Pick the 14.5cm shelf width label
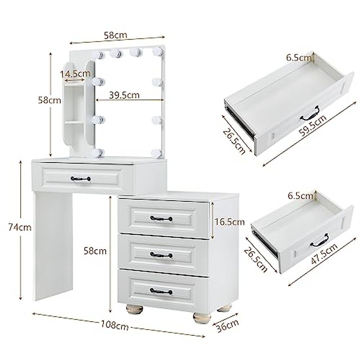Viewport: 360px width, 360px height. click(x=75, y=73)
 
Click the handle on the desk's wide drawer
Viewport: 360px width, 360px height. click(x=80, y=179)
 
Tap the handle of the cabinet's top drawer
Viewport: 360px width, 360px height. click(x=161, y=218)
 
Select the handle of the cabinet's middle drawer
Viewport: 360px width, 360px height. click(x=161, y=255)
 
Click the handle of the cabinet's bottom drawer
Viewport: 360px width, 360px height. click(x=161, y=292)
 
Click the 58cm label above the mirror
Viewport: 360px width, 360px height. click(x=115, y=35)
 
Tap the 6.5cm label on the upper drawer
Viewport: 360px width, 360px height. click(x=298, y=58)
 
